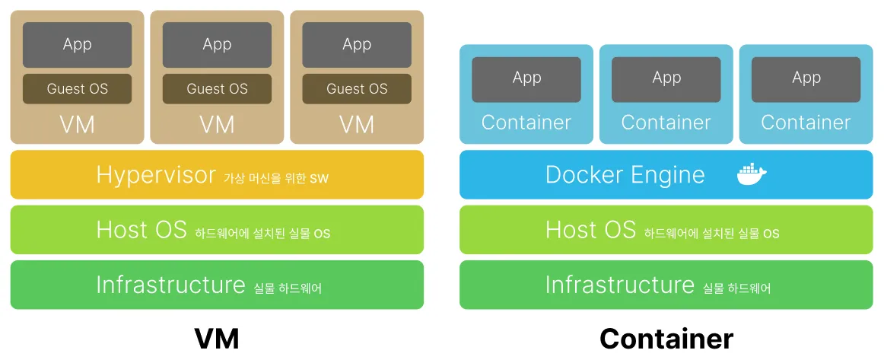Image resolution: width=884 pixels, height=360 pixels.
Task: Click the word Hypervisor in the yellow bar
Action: point(156,175)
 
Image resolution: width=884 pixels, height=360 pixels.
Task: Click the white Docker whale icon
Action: point(752,174)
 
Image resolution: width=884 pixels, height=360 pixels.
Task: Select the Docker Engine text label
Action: point(625,175)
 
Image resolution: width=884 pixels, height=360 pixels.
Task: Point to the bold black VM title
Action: point(217,339)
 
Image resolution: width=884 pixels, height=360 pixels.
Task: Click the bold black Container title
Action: point(666,339)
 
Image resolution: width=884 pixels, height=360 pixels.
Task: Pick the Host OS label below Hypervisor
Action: point(142,229)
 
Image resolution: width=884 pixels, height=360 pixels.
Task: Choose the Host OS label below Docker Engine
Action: point(590,229)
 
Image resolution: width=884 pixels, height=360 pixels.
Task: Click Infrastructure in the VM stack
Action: point(170,285)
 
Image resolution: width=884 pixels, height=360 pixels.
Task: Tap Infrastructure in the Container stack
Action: point(619,285)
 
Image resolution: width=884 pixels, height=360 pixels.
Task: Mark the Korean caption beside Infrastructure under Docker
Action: point(736,288)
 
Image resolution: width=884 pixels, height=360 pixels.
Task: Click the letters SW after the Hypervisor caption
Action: point(320,179)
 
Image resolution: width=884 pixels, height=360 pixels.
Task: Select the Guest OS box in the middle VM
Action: point(217,89)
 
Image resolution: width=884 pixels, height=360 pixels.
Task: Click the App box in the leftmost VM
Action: point(77,45)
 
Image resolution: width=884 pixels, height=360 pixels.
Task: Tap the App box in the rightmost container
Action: point(806,78)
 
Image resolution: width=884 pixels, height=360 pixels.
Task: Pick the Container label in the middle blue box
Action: point(666,123)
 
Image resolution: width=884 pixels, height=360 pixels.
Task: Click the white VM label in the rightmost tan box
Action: point(357,124)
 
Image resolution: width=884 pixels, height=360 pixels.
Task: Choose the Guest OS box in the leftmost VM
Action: point(77,89)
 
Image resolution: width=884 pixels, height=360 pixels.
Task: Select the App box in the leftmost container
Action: point(526,78)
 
